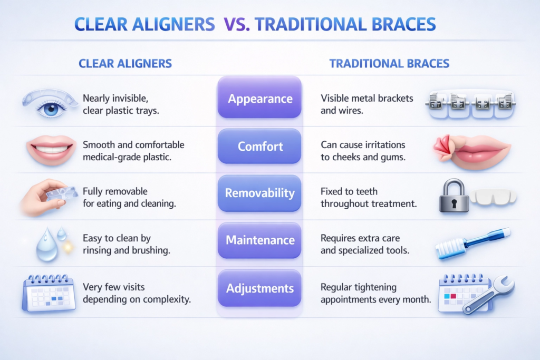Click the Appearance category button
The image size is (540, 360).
click(x=259, y=99)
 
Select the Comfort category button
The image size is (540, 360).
click(x=259, y=146)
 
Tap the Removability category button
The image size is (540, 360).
click(x=259, y=193)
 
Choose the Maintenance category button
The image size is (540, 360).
click(x=259, y=240)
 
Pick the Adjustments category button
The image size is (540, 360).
click(x=259, y=288)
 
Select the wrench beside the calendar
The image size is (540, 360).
click(x=488, y=296)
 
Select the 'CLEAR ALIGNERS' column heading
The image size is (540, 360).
click(x=125, y=64)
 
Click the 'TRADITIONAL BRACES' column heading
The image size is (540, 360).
click(x=389, y=64)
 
